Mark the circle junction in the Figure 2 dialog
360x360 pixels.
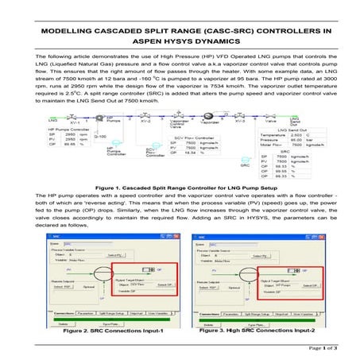(x=101, y=268)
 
